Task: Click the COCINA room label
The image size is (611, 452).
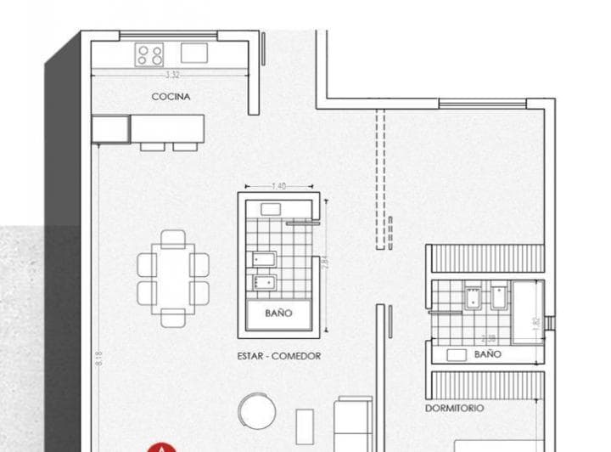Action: click(171, 97)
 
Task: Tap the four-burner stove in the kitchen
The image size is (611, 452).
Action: click(150, 55)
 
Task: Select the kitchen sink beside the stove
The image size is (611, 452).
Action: click(193, 53)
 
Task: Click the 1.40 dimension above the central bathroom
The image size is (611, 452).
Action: click(278, 185)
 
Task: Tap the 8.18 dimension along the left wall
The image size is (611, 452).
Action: click(98, 359)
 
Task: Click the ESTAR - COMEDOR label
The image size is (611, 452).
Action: click(278, 356)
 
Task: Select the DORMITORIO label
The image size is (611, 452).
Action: click(456, 408)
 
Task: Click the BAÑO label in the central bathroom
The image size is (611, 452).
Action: click(278, 314)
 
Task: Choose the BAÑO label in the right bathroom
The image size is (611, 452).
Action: click(487, 353)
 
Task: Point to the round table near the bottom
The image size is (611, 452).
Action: click(257, 411)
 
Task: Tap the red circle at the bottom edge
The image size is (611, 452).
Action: click(160, 448)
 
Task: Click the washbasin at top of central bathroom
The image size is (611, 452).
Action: click(272, 208)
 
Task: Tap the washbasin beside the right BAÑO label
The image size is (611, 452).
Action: click(456, 353)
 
